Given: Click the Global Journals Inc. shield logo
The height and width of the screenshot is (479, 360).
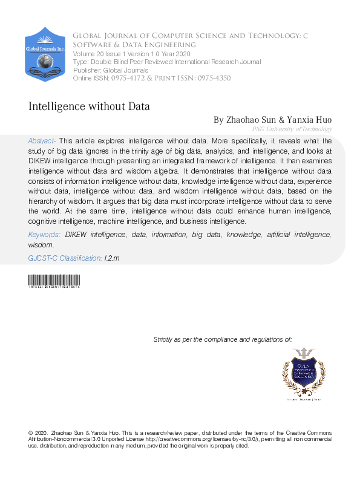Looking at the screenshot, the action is coord(45,54).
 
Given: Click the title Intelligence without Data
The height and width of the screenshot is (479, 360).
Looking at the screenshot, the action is coord(89,106).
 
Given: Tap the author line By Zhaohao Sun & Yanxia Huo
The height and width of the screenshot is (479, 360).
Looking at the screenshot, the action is coord(272,120).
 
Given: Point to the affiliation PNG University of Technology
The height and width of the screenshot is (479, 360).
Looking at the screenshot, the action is coord(292,129).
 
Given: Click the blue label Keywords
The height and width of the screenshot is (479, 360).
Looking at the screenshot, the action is coord(44,233).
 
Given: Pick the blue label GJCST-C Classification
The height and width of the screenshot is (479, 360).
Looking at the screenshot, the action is coord(65,258).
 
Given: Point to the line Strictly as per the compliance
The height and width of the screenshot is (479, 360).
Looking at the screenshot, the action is coord(223,340).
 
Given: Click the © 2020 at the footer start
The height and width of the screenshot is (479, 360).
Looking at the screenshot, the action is coord(38,433).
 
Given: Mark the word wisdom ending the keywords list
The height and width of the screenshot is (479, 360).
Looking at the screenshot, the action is coord(41,245).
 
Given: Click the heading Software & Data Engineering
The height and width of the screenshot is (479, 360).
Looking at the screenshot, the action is coord(134,45).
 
